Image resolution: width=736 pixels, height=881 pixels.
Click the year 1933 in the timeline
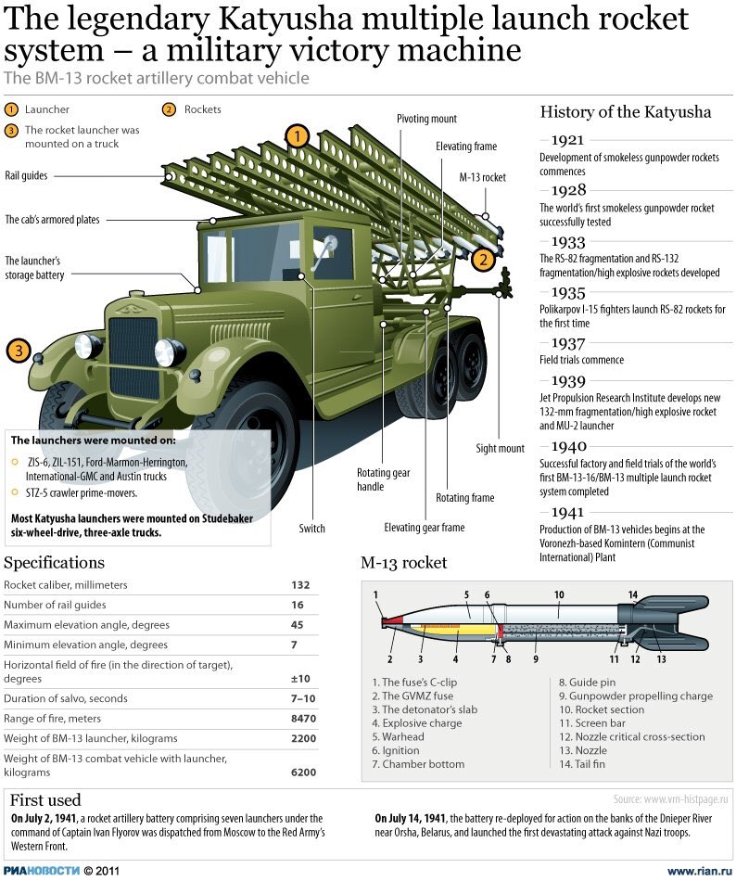click(x=568, y=240)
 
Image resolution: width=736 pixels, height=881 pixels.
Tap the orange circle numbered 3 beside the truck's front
click(x=19, y=351)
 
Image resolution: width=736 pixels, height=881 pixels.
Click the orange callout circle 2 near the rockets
click(x=481, y=260)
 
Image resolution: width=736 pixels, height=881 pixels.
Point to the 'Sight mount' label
click(x=501, y=449)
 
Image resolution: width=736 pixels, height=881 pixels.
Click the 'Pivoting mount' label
click(x=426, y=119)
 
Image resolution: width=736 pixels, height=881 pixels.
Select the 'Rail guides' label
click(x=26, y=174)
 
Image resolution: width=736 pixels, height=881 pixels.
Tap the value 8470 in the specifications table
click(x=304, y=719)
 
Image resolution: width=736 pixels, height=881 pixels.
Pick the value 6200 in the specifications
click(x=304, y=772)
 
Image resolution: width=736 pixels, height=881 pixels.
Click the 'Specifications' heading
click(x=55, y=563)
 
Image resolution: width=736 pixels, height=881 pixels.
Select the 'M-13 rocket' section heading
click(x=403, y=563)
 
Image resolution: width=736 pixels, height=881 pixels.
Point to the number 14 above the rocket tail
click(x=633, y=594)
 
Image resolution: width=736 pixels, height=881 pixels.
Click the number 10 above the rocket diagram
click(x=559, y=594)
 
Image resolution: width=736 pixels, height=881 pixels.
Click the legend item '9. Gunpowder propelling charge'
click(x=635, y=696)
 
